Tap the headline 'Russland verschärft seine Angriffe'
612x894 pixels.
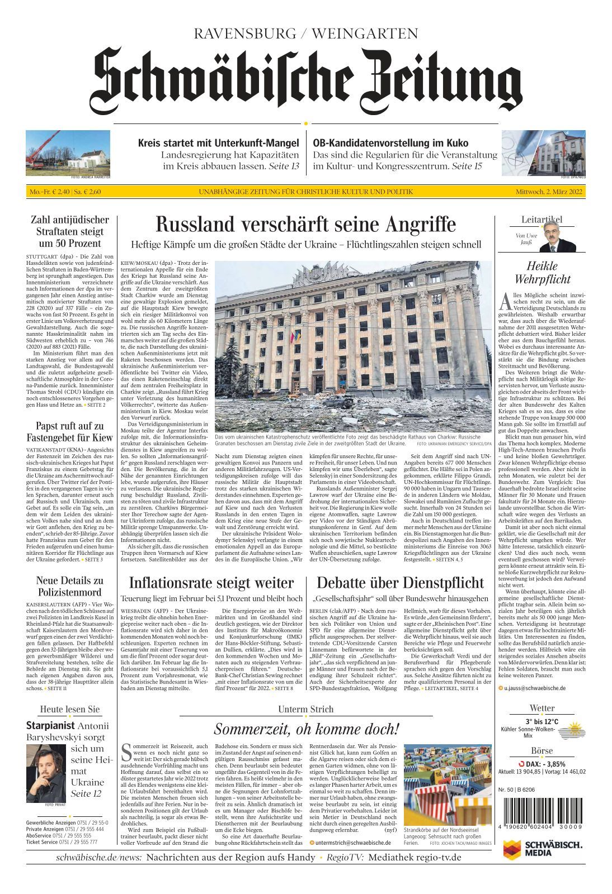click(x=305, y=224)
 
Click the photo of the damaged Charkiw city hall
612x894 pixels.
click(x=353, y=346)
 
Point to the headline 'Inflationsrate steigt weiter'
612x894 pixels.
click(x=211, y=583)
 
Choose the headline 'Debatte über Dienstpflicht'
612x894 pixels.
click(x=400, y=583)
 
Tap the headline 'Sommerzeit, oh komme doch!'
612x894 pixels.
click(x=307, y=729)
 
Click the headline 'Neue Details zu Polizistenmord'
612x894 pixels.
click(x=70, y=587)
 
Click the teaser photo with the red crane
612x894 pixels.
click(x=68, y=153)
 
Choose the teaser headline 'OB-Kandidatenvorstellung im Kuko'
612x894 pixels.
click(x=390, y=142)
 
